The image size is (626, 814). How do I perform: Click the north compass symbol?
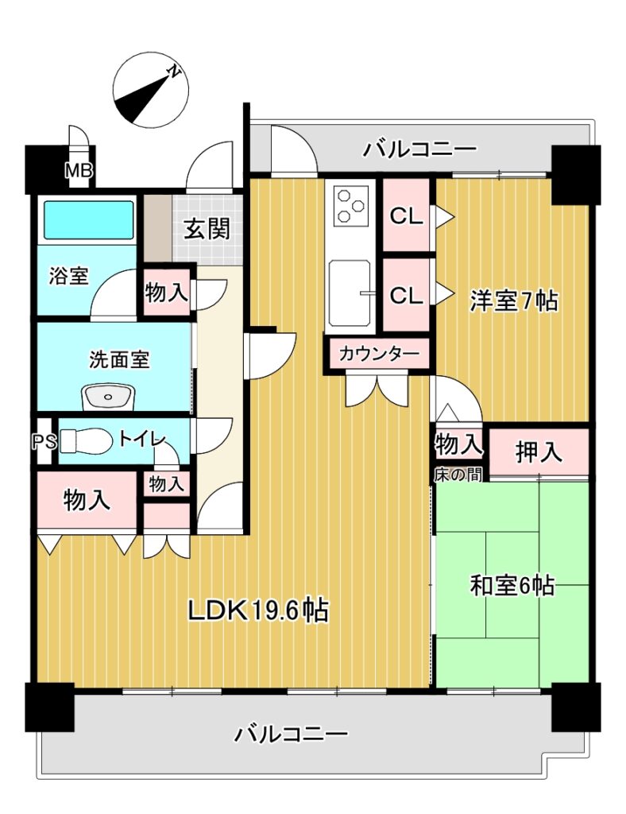click(x=150, y=91)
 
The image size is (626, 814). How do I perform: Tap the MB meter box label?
click(x=79, y=170)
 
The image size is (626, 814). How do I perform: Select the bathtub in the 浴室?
click(x=88, y=220)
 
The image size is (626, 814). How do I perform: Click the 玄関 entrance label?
click(x=207, y=228)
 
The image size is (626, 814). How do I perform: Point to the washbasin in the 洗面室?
click(x=108, y=398)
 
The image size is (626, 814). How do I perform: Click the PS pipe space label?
click(x=44, y=441)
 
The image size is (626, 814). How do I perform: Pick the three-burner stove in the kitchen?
click(x=350, y=205)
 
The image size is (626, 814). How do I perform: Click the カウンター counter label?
click(x=379, y=354)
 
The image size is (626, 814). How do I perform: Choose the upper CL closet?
click(x=407, y=216)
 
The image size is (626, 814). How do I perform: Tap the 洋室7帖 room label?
click(x=514, y=300)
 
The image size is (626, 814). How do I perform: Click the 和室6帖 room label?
click(x=512, y=586)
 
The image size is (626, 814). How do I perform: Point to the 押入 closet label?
click(x=539, y=452)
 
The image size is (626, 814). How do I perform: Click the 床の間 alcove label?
click(x=458, y=475)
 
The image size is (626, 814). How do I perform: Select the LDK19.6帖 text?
click(x=257, y=611)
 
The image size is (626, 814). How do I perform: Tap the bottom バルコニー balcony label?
click(x=291, y=734)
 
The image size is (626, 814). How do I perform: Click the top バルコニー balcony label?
click(x=419, y=149)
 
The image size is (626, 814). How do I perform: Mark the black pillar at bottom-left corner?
click(x=50, y=707)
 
